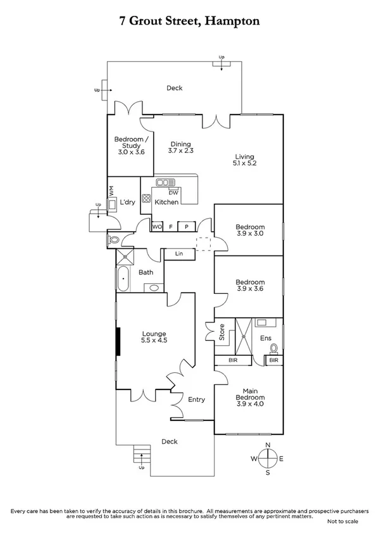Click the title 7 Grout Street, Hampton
(189, 21)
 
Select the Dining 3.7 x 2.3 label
(180, 147)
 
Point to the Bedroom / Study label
(131, 145)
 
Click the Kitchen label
(167, 202)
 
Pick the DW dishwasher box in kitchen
(182, 192)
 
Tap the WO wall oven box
(156, 226)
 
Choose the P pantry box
(187, 226)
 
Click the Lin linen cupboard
(178, 255)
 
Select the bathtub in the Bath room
(123, 278)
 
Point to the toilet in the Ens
(274, 348)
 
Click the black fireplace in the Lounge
(117, 342)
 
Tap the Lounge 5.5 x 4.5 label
(154, 337)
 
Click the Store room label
(222, 332)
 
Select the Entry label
(197, 399)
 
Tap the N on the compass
(268, 445)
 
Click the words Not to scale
(342, 521)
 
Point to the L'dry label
(127, 202)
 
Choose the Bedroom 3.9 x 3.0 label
(249, 230)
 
